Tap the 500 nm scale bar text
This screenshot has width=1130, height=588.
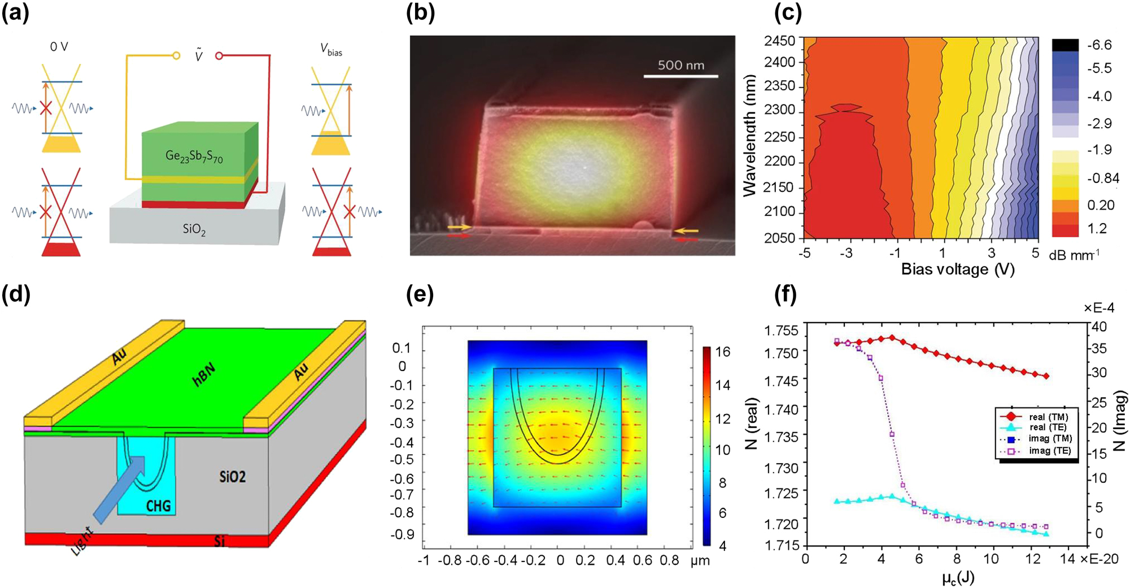(680, 65)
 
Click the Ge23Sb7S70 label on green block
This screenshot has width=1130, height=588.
(194, 156)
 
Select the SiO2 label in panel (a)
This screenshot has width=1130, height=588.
(194, 229)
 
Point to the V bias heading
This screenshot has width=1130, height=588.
(331, 50)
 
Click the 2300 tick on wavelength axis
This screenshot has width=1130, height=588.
(779, 110)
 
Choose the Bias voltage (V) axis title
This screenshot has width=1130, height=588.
(958, 269)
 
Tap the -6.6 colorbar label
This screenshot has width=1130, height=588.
(1099, 45)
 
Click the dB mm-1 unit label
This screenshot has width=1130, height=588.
(1074, 255)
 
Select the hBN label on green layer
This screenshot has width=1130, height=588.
(204, 376)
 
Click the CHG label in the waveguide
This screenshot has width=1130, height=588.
(158, 506)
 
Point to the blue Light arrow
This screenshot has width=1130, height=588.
(119, 489)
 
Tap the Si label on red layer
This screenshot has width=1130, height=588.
(220, 541)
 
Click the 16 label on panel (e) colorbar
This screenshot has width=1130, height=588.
(722, 352)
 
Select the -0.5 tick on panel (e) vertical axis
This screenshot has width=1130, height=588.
(402, 460)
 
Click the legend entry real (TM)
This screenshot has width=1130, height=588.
(1048, 417)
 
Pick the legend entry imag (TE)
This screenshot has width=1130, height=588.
(1049, 451)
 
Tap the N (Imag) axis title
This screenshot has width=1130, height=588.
(1119, 421)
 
